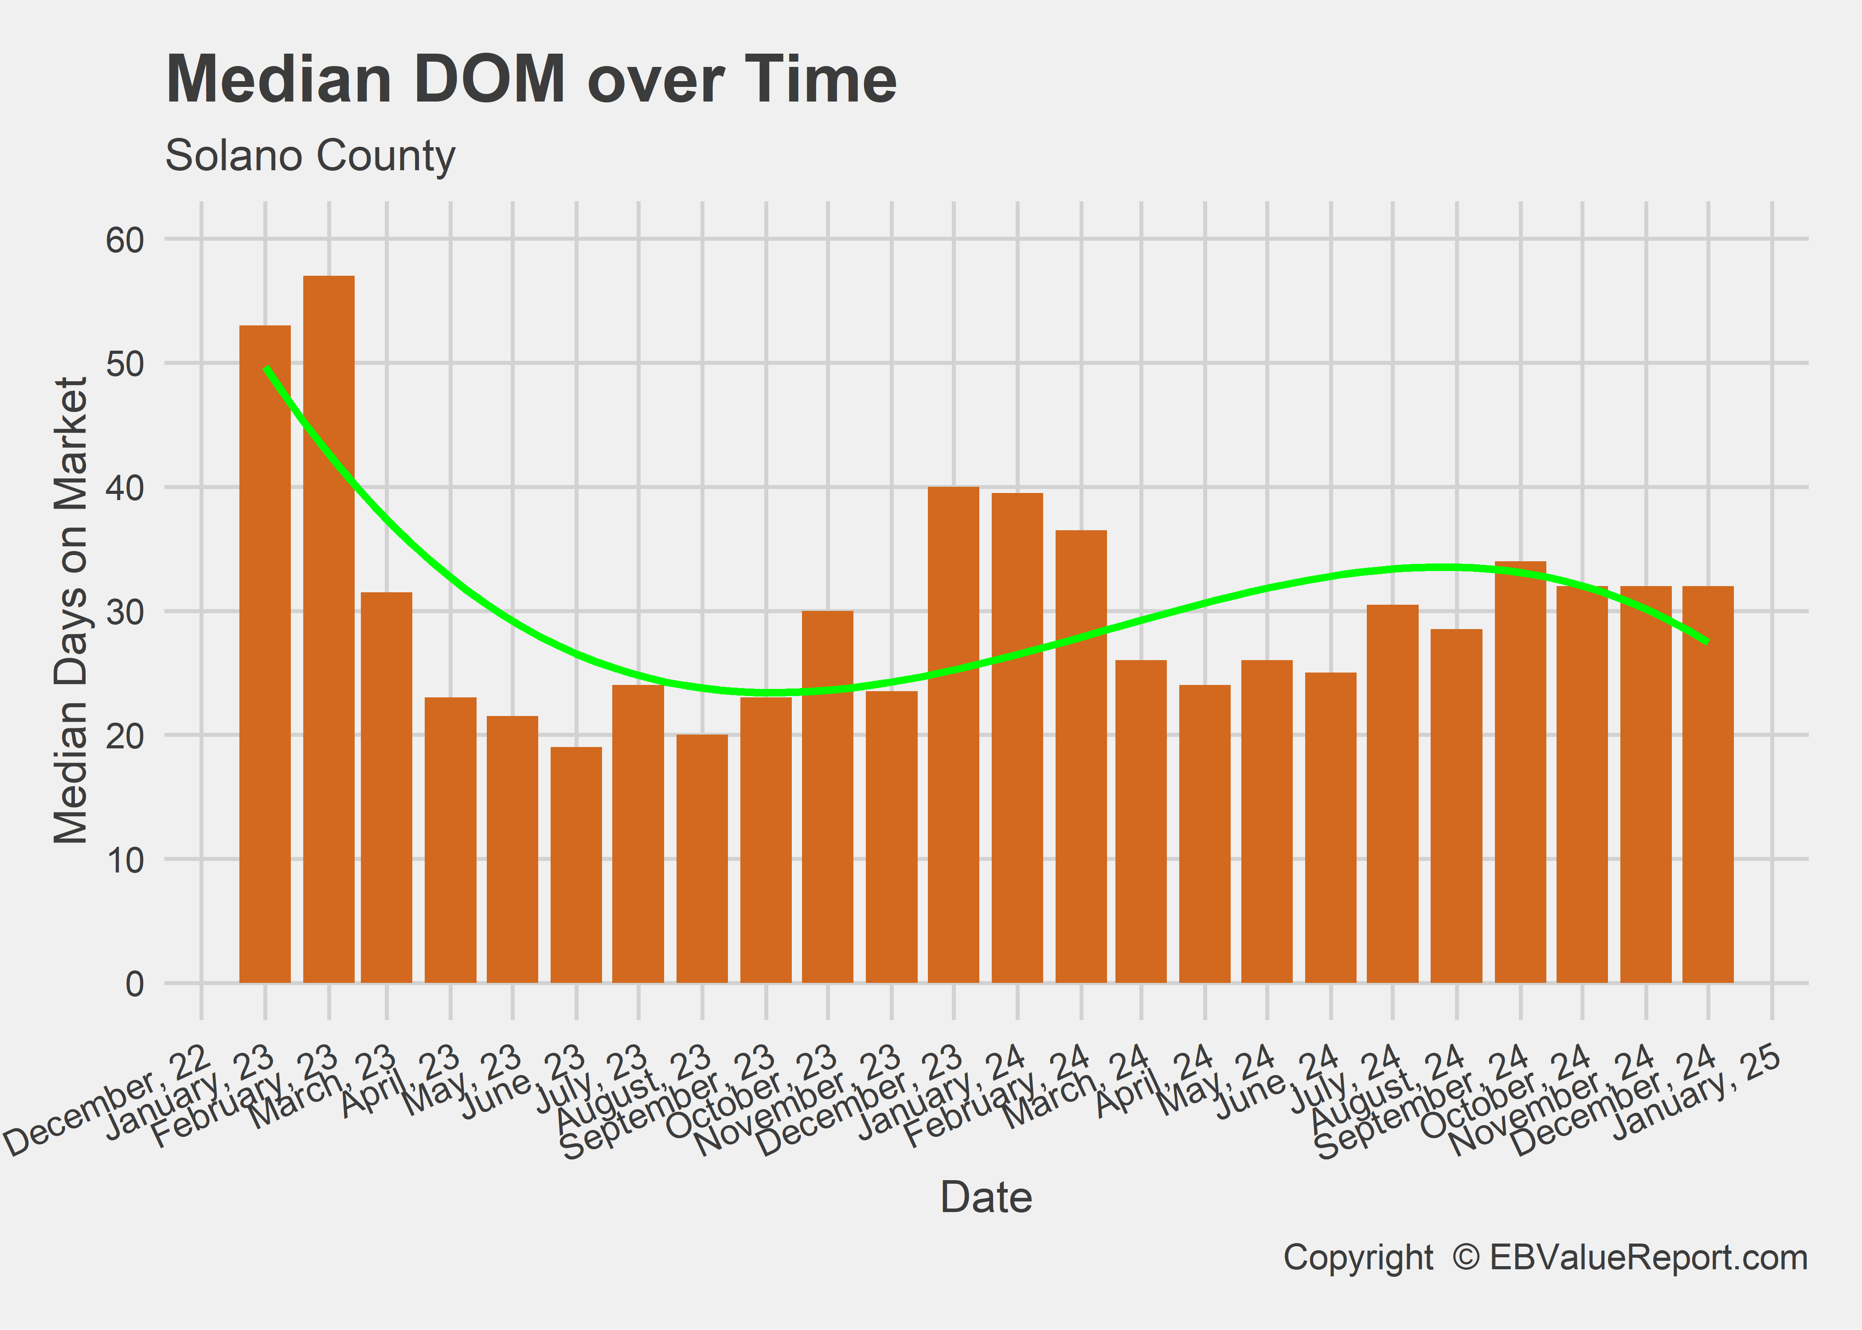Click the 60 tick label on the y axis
(x=125, y=241)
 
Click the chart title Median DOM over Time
(x=531, y=79)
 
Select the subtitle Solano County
(x=309, y=156)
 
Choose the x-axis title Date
(x=986, y=1197)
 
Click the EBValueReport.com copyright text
(x=1544, y=1257)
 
